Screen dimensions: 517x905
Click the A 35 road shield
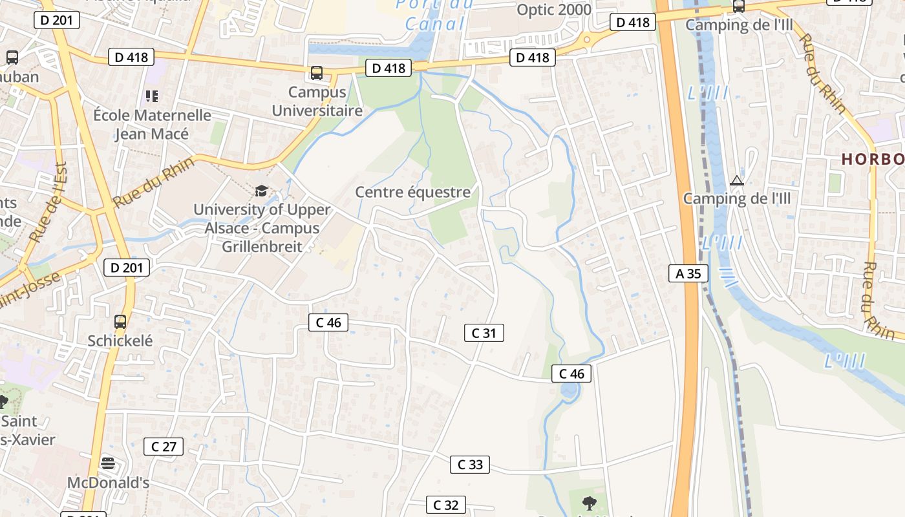688,273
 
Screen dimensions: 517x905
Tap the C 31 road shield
484,333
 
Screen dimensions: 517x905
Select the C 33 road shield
470,464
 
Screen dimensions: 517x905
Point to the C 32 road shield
446,505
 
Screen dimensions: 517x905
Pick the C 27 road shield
164,446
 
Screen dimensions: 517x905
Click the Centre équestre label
413,192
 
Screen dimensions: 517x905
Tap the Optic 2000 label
554,10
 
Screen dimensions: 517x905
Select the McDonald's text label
109,483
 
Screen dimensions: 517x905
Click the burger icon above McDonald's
109,463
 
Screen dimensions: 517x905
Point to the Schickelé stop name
120,341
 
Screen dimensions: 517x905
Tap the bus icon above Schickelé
120,321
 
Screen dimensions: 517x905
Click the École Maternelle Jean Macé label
153,125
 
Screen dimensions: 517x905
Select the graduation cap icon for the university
261,191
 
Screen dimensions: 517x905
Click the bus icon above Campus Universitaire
317,73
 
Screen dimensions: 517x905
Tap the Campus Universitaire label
317,101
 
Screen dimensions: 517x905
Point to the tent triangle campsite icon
736,180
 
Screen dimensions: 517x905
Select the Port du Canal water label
434,14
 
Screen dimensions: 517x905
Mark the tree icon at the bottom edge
588,502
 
